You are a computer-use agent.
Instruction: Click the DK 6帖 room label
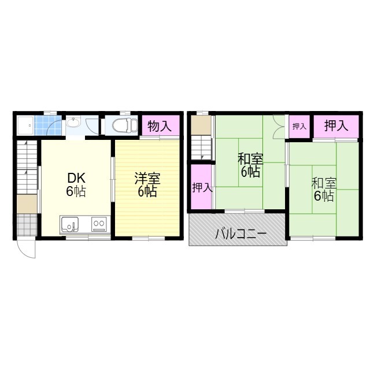point(76,184)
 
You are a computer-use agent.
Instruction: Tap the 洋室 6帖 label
point(147,184)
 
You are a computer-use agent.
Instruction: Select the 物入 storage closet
point(161,125)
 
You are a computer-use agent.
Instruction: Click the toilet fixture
point(125,125)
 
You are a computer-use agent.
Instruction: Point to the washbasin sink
point(73,123)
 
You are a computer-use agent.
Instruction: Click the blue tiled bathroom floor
point(48,125)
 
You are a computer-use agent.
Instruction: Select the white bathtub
point(25,125)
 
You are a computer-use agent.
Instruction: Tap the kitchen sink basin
point(69,224)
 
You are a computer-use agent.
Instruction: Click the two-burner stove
point(99,224)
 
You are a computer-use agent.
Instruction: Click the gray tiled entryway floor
point(27,225)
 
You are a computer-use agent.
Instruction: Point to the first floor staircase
point(27,167)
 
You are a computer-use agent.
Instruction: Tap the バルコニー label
point(240,234)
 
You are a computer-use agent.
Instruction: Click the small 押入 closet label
point(299,127)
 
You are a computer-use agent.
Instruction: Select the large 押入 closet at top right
point(336,126)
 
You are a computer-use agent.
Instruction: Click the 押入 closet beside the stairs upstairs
point(201,187)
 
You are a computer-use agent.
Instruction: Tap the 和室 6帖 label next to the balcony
point(250,165)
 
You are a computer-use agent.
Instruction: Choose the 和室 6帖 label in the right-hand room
point(324,189)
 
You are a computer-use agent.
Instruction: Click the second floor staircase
point(201,148)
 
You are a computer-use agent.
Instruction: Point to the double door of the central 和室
point(279,127)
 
